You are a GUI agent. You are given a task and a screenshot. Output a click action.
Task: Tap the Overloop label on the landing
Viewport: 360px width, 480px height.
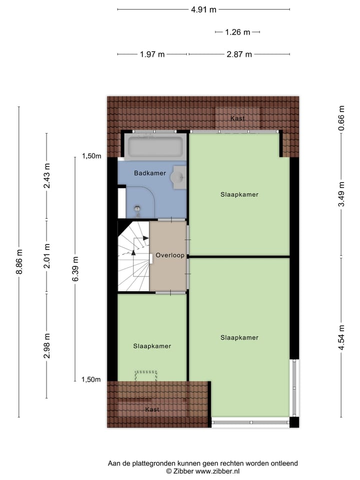pyautogui.click(x=170, y=255)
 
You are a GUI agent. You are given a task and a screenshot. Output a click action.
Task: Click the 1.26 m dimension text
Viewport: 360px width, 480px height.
pyautogui.click(x=237, y=32)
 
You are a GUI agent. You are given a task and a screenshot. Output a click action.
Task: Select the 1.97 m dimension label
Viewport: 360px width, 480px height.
pyautogui.click(x=152, y=54)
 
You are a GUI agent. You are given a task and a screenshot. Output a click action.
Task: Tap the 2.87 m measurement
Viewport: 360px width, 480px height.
pyautogui.click(x=238, y=54)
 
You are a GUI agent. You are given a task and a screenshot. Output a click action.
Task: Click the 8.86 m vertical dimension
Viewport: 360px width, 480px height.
pyautogui.click(x=19, y=261)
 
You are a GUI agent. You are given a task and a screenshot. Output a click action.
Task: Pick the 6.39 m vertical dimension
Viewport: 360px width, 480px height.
pyautogui.click(x=75, y=268)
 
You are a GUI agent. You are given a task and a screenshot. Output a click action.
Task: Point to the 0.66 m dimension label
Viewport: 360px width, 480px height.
pyautogui.click(x=341, y=119)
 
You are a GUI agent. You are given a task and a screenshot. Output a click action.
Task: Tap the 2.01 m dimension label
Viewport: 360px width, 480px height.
pyautogui.click(x=47, y=256)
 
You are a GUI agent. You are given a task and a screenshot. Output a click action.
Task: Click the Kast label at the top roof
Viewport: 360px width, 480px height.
pyautogui.click(x=237, y=118)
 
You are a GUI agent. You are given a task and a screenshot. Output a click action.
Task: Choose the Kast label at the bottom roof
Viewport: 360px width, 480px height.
pyautogui.click(x=152, y=409)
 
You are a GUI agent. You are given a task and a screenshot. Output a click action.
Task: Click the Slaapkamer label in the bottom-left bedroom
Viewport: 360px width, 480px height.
pyautogui.click(x=152, y=346)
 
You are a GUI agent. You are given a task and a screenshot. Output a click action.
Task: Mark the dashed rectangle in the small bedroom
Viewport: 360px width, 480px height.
pyautogui.click(x=146, y=377)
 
